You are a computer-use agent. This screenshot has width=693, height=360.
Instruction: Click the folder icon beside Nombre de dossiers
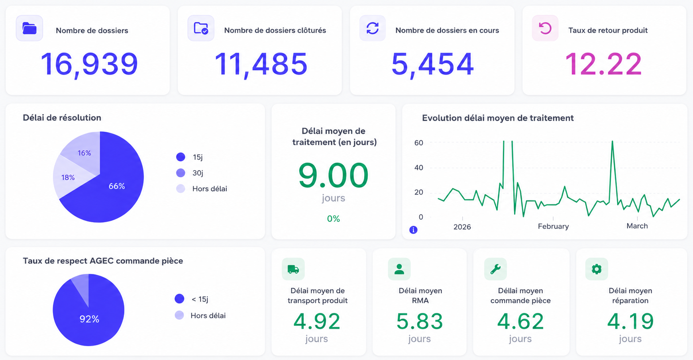[29, 28]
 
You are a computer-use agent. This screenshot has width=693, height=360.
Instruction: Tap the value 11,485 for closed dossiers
[261, 64]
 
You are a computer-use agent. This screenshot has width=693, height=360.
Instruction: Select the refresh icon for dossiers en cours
[373, 28]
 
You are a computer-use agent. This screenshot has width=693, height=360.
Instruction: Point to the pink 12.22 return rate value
[604, 64]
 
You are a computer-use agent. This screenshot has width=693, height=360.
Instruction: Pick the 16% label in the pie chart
[84, 153]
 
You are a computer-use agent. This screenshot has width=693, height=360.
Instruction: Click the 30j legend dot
[181, 173]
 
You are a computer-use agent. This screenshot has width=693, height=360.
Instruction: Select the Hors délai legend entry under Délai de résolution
[202, 189]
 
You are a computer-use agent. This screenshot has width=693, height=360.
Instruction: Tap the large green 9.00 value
[334, 175]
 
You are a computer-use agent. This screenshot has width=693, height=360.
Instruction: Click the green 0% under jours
[334, 219]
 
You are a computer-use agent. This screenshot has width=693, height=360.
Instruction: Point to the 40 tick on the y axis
[418, 168]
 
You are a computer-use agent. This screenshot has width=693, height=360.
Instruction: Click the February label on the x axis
[553, 226]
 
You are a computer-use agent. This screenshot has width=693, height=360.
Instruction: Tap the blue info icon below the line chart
[414, 230]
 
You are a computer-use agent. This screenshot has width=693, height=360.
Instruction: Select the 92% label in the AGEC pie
[89, 319]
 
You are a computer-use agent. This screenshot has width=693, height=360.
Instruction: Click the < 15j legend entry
[191, 299]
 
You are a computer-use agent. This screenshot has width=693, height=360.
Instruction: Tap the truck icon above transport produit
[293, 269]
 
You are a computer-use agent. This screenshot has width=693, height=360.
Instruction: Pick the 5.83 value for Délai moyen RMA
[420, 321]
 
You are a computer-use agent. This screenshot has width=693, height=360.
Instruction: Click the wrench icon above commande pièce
[495, 269]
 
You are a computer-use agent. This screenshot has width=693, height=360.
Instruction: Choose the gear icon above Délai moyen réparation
[597, 269]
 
